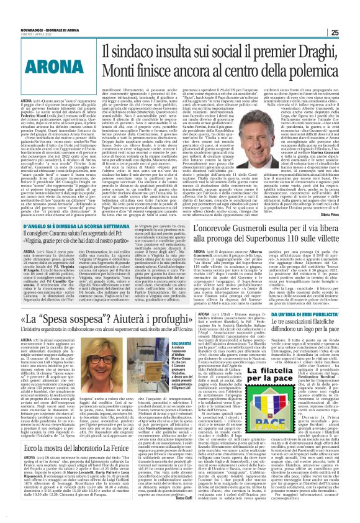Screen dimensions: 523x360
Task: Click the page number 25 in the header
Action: [x=352, y=14]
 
